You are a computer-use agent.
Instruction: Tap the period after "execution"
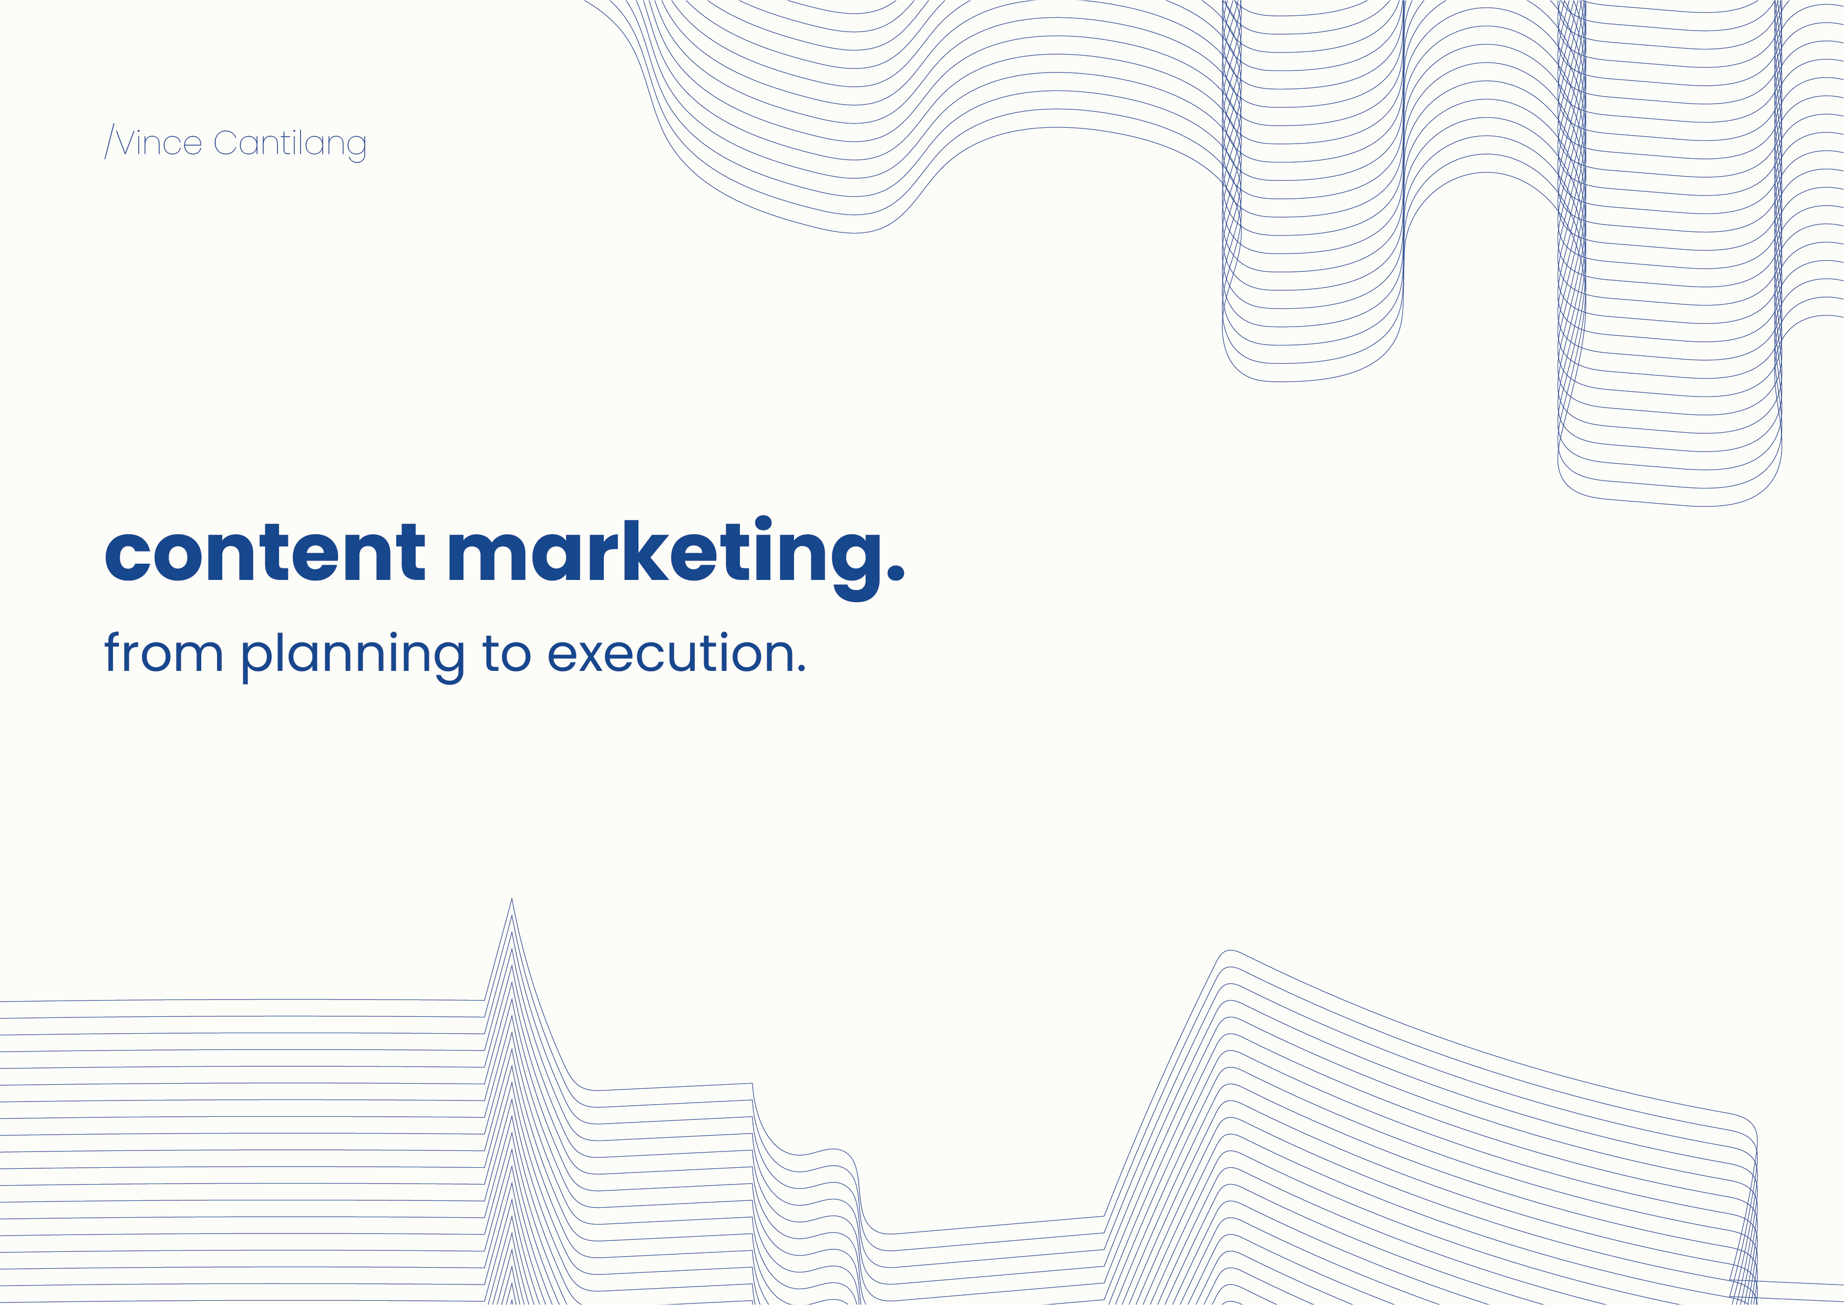(801, 667)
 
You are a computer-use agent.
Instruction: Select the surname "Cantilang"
(290, 144)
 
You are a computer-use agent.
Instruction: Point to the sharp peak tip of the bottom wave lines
(512, 899)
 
